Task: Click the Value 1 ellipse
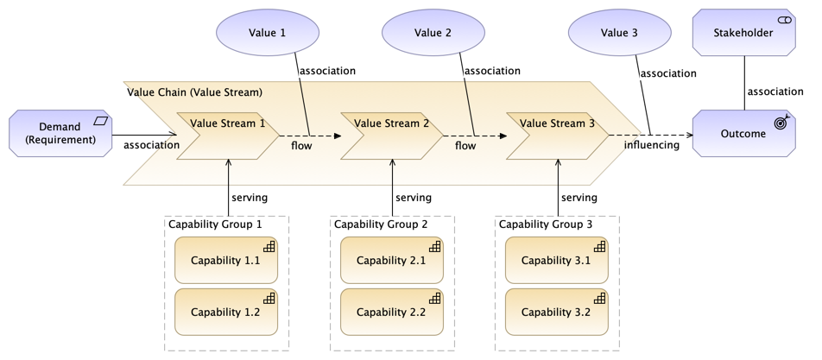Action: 268,32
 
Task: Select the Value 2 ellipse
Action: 433,32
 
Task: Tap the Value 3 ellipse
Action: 620,32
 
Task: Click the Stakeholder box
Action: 744,33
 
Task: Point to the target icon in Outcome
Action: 781,123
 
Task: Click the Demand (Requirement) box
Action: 60,133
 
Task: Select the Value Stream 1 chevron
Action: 228,136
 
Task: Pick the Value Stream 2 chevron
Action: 392,136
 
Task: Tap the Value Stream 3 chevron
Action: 558,136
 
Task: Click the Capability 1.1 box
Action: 226,261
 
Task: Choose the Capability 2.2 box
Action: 392,312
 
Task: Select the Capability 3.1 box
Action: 557,261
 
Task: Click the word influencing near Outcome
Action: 652,145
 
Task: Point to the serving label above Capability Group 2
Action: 414,198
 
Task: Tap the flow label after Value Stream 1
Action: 301,145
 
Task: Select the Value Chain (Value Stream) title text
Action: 194,92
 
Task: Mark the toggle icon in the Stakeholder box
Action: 785,20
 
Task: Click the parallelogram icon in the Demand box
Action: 101,121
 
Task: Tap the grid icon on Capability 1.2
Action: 269,298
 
